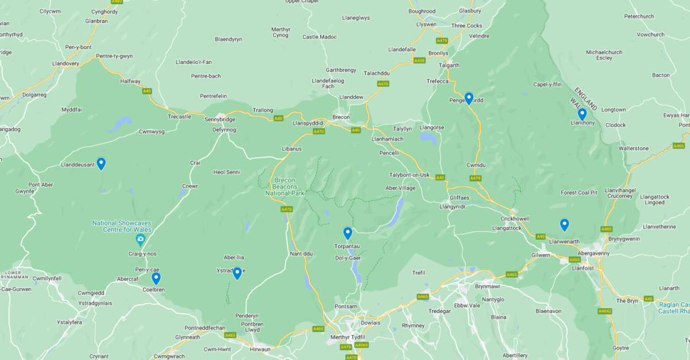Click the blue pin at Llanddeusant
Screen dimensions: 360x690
pos(101,163)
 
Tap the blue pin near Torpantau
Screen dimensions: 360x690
pos(347,232)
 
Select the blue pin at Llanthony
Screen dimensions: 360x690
pos(582,114)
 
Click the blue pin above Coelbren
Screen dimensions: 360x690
pos(156,278)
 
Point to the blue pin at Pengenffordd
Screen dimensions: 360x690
pos(469,98)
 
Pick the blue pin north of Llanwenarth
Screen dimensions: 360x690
pos(564,224)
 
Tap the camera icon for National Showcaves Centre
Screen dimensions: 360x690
pos(140,239)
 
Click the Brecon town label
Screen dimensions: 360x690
pos(341,117)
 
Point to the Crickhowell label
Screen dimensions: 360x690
pos(515,219)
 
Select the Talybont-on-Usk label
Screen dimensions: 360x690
pos(409,175)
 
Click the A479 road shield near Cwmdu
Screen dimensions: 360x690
pos(475,178)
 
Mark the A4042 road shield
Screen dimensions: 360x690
pos(604,311)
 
